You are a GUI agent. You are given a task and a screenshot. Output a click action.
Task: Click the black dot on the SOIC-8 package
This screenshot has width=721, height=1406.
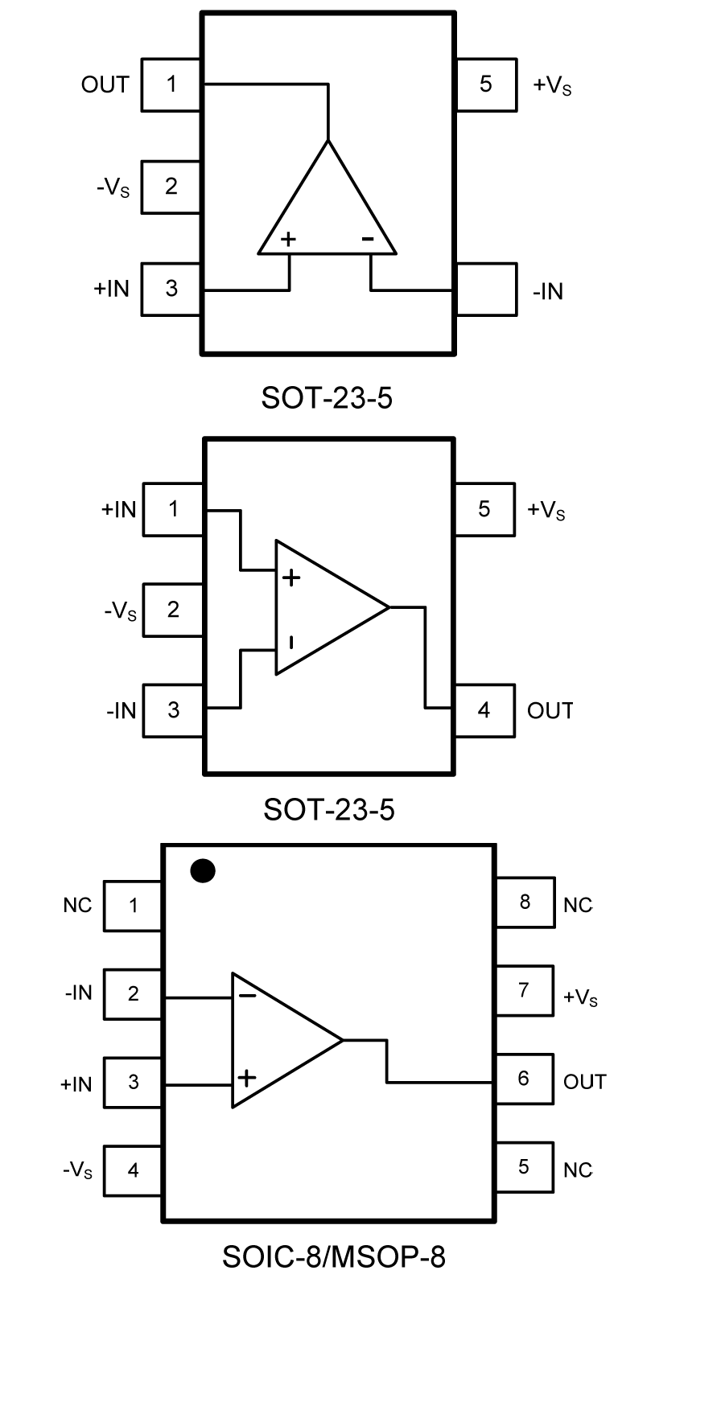pos(202,871)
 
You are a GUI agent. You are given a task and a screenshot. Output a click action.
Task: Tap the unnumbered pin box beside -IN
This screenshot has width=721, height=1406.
pos(486,289)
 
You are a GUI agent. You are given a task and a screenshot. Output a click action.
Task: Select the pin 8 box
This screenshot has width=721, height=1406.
pos(525,902)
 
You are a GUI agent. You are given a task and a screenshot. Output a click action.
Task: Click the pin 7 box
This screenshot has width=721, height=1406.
pos(525,990)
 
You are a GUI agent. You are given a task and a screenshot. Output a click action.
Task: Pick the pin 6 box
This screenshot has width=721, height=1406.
pos(525,1079)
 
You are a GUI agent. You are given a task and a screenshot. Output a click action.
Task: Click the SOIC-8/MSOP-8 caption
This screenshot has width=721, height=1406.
pos(333,1256)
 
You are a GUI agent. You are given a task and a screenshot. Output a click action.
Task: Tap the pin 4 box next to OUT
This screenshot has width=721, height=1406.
pos(484,710)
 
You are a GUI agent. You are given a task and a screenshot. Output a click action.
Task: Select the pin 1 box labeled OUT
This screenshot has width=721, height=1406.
pos(171,84)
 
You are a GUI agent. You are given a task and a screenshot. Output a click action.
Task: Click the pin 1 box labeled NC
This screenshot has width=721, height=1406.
pos(134,906)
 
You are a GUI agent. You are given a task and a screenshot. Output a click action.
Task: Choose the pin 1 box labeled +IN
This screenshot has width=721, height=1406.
pos(172,509)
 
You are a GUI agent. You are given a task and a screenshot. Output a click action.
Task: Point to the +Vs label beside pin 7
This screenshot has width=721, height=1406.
pos(580,998)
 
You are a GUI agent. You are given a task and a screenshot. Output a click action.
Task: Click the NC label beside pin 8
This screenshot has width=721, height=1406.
pos(578,906)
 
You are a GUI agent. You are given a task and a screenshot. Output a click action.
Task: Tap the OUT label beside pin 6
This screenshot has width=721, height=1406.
pos(584,1082)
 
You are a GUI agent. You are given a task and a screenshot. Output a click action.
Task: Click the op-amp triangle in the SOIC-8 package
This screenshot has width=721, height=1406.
pos(278,1040)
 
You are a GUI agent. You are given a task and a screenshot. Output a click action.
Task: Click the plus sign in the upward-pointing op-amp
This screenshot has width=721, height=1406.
pos(288,239)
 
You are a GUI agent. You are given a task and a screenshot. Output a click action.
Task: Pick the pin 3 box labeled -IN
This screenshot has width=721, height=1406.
pos(172,710)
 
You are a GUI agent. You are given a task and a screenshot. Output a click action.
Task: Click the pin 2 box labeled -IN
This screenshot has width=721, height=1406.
pos(134,994)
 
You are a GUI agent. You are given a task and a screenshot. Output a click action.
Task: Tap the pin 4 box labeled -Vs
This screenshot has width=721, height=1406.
pos(134,1170)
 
